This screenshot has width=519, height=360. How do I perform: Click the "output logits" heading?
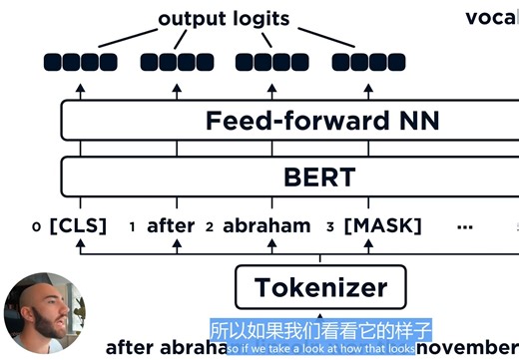click(x=225, y=18)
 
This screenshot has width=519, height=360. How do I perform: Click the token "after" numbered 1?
click(x=171, y=226)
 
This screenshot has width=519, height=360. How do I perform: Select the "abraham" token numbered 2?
click(x=266, y=226)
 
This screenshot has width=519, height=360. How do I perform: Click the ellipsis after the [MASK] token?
click(x=463, y=226)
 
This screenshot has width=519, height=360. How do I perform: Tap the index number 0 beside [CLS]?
click(x=36, y=227)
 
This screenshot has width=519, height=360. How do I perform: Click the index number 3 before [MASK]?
click(x=330, y=227)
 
